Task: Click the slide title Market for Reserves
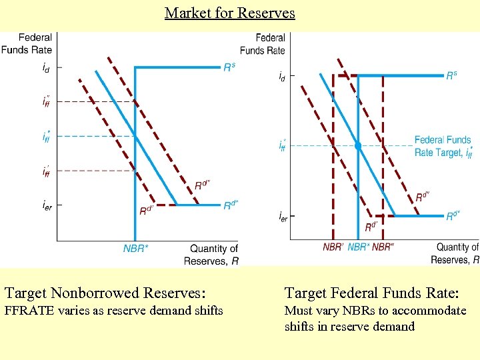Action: tap(229, 13)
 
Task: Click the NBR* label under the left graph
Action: tap(136, 249)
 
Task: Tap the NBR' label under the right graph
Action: tap(333, 247)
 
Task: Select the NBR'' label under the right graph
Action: tap(382, 247)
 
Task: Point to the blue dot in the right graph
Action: tap(358, 145)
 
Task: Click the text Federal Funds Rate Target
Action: tap(443, 146)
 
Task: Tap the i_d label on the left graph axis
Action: tap(45, 67)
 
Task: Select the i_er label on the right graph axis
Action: tap(283, 216)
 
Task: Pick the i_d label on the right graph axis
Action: tap(282, 77)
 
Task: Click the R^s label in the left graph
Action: tap(229, 67)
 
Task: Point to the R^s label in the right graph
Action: tap(451, 75)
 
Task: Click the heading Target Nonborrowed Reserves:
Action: tap(105, 293)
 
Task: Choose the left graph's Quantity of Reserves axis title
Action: tap(212, 255)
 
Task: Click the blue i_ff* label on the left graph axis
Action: tap(45, 137)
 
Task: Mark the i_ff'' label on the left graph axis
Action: tap(45, 101)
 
